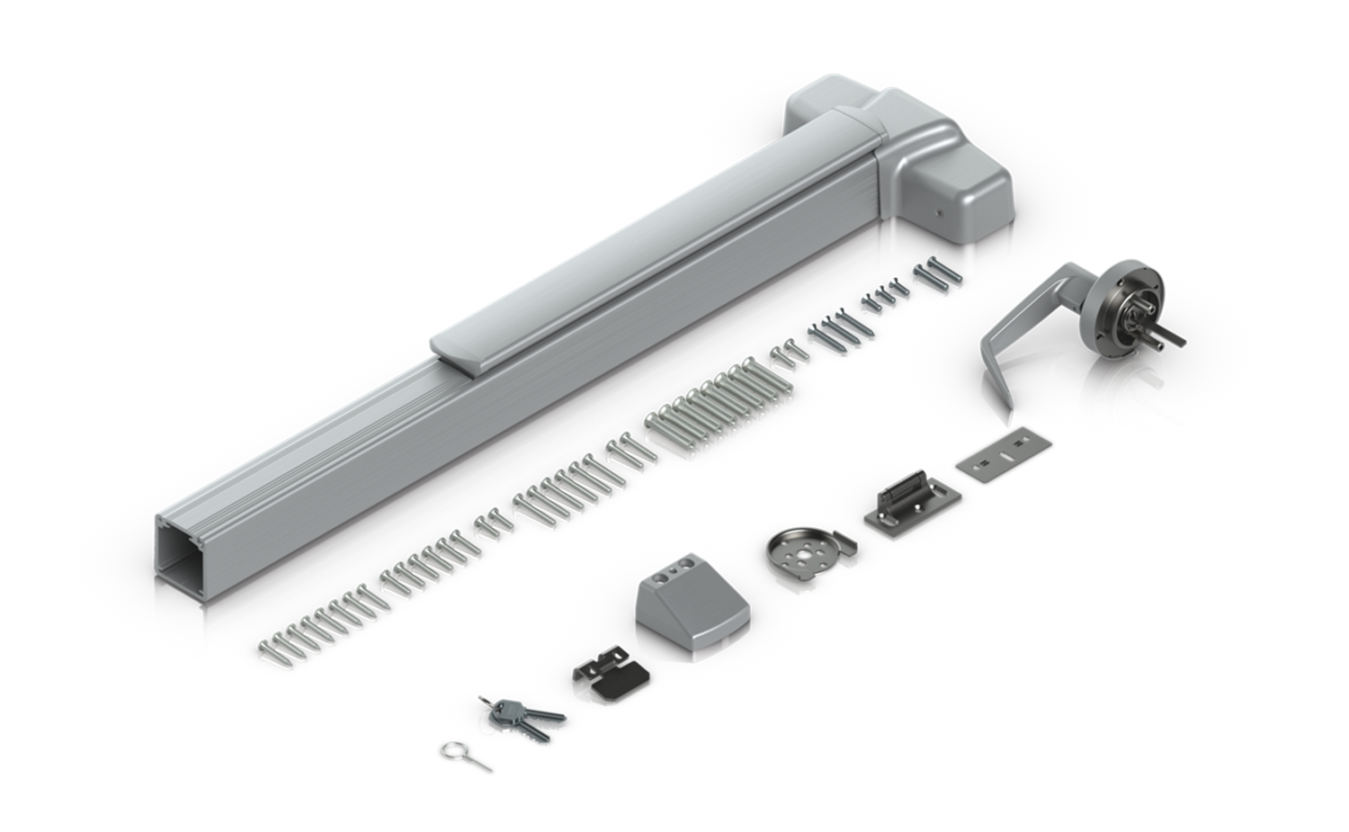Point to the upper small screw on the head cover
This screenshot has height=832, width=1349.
939,213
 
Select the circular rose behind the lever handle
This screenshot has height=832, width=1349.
1139,288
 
